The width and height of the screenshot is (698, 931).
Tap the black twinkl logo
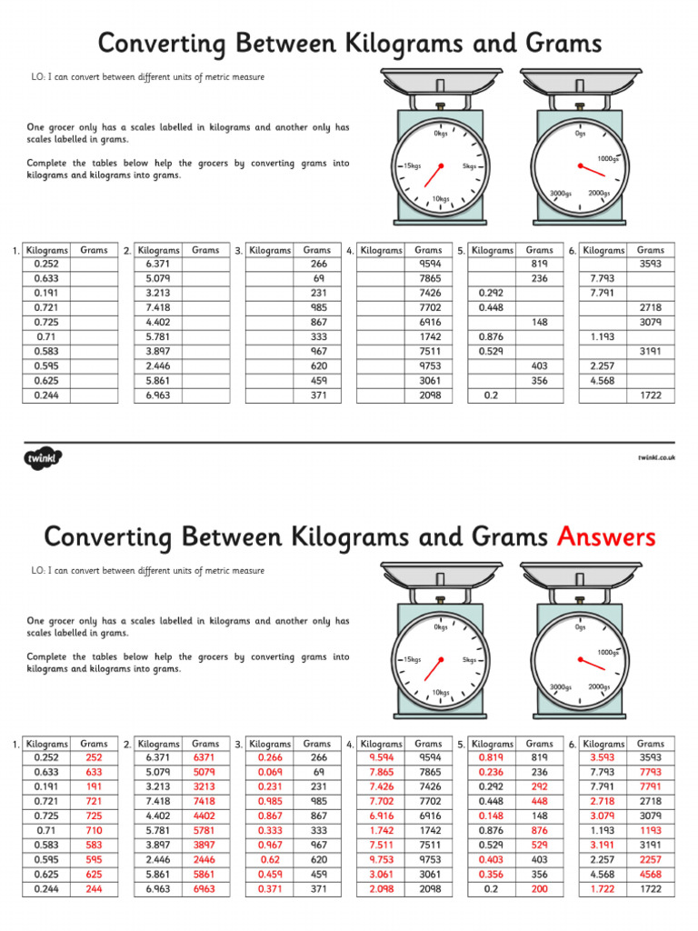point(41,456)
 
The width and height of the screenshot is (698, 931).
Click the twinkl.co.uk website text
point(655,457)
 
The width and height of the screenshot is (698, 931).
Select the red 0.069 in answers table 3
point(270,771)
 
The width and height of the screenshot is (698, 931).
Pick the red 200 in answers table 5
point(539,889)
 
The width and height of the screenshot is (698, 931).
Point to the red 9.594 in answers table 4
point(381,756)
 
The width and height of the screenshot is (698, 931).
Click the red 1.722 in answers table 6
point(603,889)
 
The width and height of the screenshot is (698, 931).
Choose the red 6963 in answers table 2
point(204,889)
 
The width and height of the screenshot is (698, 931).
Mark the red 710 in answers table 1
point(94,830)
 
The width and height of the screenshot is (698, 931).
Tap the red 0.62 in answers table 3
point(270,859)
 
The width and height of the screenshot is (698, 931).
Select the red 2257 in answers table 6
point(650,859)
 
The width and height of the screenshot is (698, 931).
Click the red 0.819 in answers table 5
point(492,756)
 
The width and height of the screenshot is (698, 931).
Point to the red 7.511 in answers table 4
point(381,845)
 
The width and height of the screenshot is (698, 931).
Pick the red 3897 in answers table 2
point(204,845)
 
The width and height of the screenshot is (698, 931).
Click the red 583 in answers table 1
point(94,845)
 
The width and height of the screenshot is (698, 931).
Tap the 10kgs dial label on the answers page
point(441,692)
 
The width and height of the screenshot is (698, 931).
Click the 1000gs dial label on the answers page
point(608,652)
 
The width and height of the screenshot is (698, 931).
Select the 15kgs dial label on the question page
point(411,166)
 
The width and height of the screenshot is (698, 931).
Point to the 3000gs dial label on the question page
point(561,193)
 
